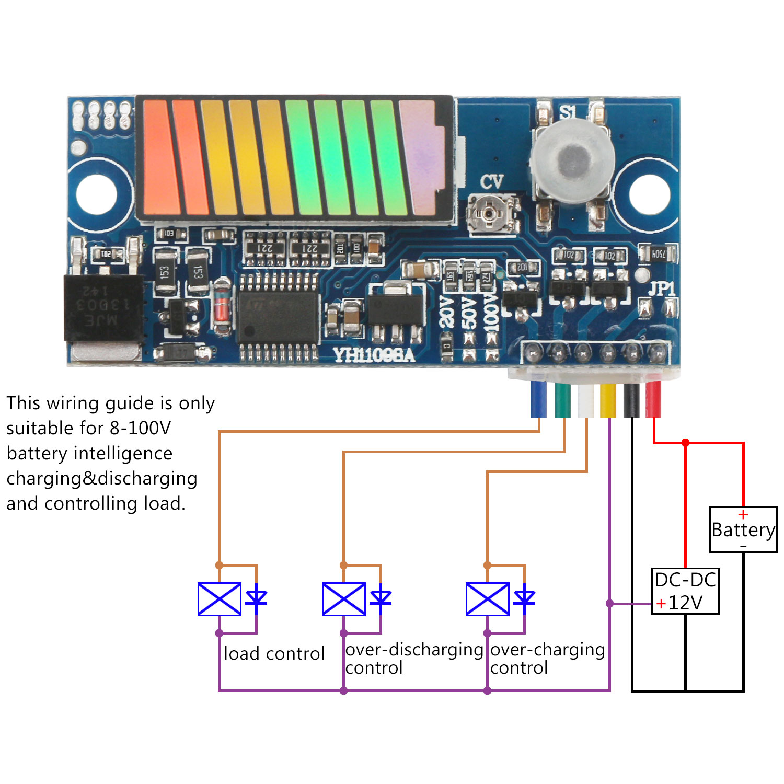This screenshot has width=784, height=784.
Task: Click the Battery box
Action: [x=743, y=529]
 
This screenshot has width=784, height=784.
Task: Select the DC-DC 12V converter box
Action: [x=685, y=591]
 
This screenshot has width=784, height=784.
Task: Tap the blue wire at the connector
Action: [x=538, y=399]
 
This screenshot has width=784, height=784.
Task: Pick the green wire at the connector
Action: [x=562, y=399]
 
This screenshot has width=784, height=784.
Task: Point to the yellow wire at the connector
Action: [x=608, y=399]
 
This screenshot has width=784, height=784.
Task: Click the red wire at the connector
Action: [x=653, y=399]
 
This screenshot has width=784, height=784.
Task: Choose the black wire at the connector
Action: [x=631, y=399]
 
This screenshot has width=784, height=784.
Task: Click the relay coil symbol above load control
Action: [x=220, y=599]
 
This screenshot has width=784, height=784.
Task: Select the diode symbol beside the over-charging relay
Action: [x=524, y=597]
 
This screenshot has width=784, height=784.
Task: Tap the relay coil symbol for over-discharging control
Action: [x=344, y=599]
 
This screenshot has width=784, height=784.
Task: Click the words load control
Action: [x=274, y=654]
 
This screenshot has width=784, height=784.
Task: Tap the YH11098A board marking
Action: [x=374, y=355]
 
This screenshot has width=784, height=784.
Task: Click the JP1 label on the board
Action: [x=661, y=289]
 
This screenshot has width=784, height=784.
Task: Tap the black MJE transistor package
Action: [x=103, y=308]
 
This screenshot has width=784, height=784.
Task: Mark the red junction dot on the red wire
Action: [x=686, y=443]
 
